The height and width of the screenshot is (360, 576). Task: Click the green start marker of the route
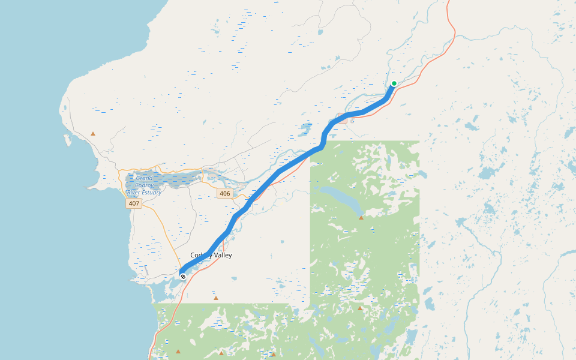coord(394,83)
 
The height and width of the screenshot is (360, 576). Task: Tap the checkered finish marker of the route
coord(183,277)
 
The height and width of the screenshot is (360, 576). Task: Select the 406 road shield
coord(224,193)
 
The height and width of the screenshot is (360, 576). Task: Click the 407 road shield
coord(134,204)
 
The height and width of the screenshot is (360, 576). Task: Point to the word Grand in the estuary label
coord(144,178)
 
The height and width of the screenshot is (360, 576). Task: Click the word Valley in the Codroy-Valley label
coord(221,256)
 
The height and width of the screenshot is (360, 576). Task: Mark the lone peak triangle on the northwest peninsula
coord(93,134)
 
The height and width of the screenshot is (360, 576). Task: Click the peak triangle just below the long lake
coord(361,218)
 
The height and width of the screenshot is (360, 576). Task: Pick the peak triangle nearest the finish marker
coord(216,298)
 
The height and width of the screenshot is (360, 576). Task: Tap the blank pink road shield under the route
coord(343,118)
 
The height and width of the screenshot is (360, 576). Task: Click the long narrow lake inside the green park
coord(339,198)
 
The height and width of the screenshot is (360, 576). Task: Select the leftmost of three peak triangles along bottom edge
coord(178,352)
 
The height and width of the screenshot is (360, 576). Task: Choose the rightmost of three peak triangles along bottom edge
coord(274,353)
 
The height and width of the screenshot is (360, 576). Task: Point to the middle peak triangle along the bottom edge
coord(221,353)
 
